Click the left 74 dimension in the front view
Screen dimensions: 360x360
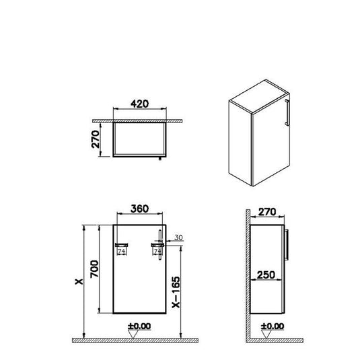tap(122, 252)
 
